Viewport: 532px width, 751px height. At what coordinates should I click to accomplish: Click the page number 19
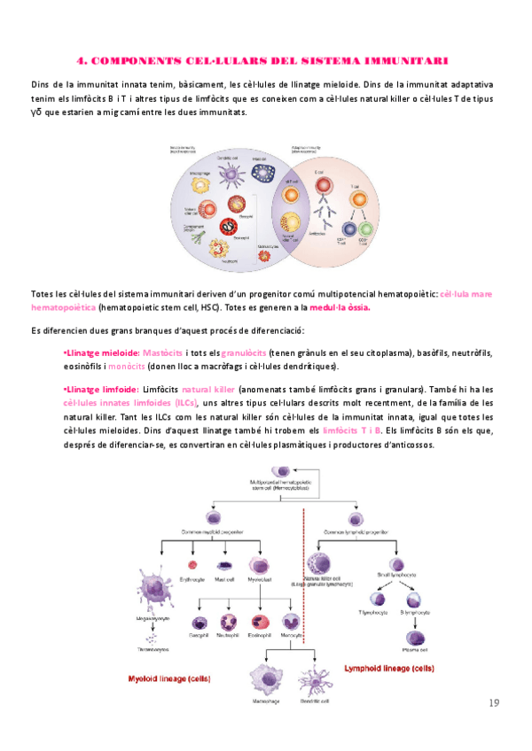494,703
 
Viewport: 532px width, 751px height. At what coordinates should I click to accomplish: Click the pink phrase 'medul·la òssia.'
338,307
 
